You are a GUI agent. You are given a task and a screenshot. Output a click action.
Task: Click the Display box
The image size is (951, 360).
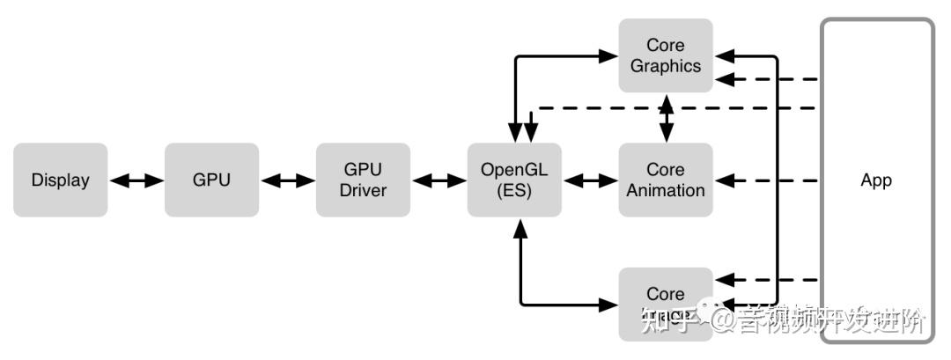(61, 180)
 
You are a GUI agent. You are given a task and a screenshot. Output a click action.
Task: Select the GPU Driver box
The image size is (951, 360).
(363, 180)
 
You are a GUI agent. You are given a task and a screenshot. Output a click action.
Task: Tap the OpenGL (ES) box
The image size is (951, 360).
(514, 180)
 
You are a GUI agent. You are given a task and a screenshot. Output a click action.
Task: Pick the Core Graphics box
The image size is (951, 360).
(666, 55)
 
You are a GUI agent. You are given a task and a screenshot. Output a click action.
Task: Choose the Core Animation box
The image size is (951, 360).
(666, 180)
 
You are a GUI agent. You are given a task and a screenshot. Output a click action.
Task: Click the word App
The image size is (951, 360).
(876, 180)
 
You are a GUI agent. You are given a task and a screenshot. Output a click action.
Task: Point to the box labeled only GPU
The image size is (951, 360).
(211, 180)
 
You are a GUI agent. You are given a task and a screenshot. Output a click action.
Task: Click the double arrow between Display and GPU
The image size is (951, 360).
(136, 180)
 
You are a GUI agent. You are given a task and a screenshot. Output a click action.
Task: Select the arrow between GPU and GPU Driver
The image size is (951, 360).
(287, 180)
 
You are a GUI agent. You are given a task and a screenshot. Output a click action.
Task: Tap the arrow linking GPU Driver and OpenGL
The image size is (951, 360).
(439, 180)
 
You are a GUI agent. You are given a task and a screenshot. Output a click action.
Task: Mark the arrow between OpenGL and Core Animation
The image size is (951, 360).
(590, 180)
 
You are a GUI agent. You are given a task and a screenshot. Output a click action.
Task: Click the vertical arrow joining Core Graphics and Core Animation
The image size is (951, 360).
(667, 117)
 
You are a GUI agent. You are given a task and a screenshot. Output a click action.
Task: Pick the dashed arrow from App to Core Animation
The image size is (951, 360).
(766, 180)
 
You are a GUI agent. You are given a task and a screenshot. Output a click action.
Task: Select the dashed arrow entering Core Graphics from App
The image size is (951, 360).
(766, 80)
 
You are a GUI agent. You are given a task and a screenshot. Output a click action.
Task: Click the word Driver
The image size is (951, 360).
(363, 190)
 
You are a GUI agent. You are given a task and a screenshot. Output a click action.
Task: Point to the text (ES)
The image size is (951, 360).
(514, 190)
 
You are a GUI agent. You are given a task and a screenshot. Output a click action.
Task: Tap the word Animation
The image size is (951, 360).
(666, 190)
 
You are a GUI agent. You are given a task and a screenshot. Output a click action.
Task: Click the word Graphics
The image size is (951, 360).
(666, 66)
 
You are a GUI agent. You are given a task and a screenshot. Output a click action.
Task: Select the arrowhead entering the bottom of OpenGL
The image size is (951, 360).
(520, 229)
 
